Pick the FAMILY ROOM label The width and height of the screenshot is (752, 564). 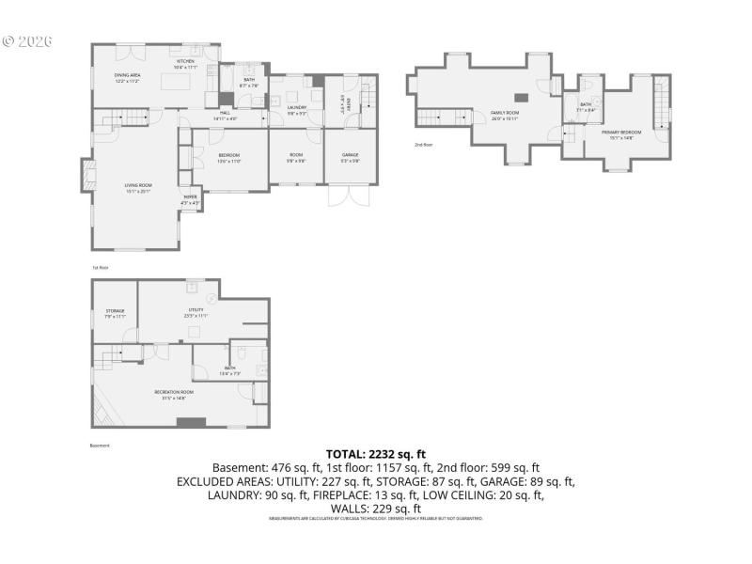click(x=505, y=115)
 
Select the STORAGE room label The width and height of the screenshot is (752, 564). click(x=115, y=312)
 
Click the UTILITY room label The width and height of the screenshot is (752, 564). click(x=196, y=312)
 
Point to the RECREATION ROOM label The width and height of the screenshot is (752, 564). click(x=174, y=393)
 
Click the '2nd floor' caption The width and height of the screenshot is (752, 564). click(x=423, y=145)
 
